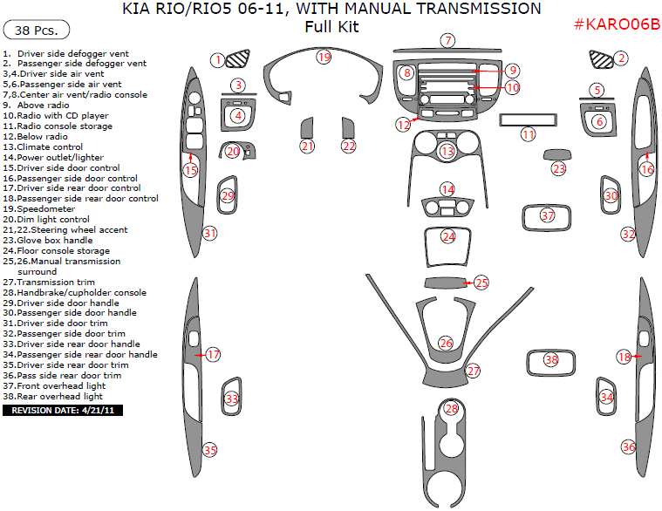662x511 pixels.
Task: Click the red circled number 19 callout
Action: [x=324, y=57]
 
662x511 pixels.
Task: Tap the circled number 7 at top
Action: [x=447, y=40]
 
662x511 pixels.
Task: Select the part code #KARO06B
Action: [x=617, y=24]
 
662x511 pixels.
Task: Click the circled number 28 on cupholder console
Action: [x=451, y=408]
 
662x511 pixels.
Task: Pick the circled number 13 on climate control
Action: [x=447, y=152]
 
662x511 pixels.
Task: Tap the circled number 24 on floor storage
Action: [x=448, y=236]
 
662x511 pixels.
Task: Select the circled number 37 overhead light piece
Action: [x=548, y=215]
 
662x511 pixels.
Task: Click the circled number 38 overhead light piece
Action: [x=550, y=359]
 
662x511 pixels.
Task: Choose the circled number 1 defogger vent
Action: [x=218, y=59]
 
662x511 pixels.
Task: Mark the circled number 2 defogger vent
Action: [x=621, y=58]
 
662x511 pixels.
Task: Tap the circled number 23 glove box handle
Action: [x=558, y=168]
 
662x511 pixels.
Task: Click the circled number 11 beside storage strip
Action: [x=528, y=134]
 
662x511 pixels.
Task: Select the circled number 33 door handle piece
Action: [x=231, y=399]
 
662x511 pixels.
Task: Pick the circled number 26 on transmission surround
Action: [x=446, y=343]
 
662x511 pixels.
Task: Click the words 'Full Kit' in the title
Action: [x=331, y=27]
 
